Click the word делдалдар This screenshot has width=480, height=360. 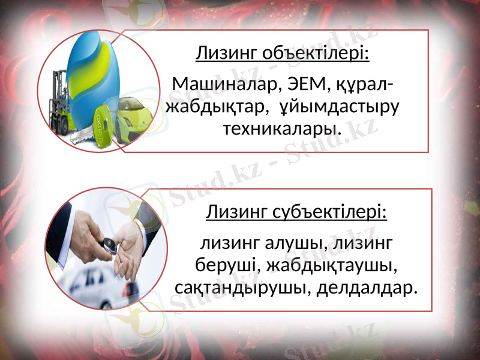pos(366,287)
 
